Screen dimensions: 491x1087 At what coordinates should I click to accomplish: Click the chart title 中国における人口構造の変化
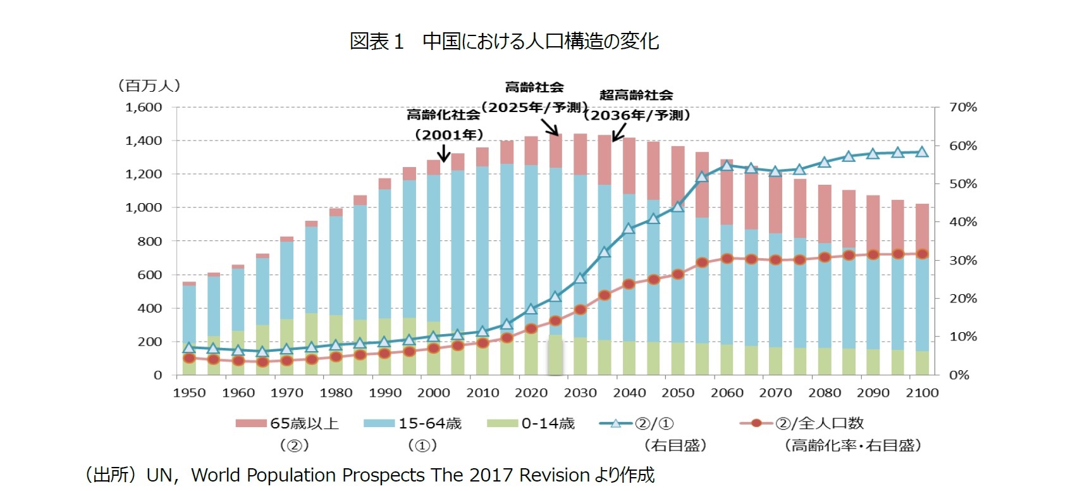tap(504, 41)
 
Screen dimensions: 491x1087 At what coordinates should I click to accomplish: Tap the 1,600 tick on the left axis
tap(144, 107)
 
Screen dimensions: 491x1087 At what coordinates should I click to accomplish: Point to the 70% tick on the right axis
tap(962, 107)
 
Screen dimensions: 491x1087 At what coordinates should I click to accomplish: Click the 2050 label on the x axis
tap(678, 393)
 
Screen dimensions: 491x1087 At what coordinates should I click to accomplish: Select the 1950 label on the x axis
tap(189, 393)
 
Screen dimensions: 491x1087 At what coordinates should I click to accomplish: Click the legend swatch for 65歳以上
tap(251, 423)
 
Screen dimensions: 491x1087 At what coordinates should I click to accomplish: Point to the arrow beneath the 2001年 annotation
tap(444, 153)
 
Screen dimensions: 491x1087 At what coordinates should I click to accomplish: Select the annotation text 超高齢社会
tap(636, 95)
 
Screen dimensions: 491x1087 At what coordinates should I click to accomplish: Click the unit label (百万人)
tap(149, 85)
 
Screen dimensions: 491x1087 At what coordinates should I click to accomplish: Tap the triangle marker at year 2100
tap(922, 152)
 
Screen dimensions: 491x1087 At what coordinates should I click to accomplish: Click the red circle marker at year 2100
tap(922, 254)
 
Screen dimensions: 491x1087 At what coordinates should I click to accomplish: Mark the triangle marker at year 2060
tap(727, 165)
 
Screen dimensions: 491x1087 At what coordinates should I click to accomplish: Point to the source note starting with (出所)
tap(369, 475)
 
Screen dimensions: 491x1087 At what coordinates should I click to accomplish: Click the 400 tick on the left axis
tap(149, 308)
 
